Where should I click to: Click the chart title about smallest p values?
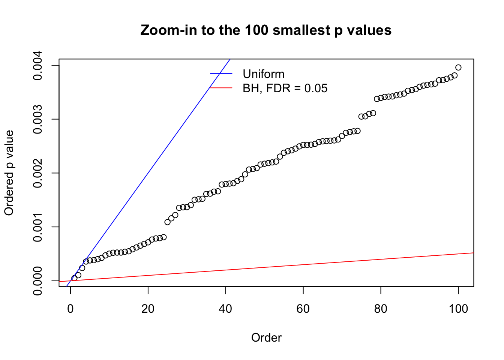(x=266, y=30)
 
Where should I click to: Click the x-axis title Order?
(x=266, y=337)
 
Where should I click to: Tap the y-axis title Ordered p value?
(x=9, y=173)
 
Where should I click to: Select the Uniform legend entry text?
(x=263, y=74)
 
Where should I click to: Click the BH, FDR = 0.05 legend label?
(x=285, y=88)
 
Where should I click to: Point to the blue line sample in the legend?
(x=221, y=73)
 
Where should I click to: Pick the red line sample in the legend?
(x=221, y=88)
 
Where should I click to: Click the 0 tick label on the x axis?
(x=70, y=309)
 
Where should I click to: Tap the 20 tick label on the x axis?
(x=148, y=309)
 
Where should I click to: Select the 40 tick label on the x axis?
(x=226, y=309)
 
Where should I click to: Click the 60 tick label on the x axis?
(x=303, y=309)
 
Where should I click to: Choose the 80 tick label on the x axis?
(x=381, y=309)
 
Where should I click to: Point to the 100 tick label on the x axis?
(x=458, y=309)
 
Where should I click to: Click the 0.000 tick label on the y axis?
(x=38, y=280)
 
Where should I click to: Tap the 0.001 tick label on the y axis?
(x=38, y=227)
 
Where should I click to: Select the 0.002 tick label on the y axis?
(x=38, y=173)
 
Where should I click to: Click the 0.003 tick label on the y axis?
(x=38, y=119)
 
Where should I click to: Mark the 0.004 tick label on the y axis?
(x=38, y=66)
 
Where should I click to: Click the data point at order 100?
(x=458, y=67)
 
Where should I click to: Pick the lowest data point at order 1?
(x=74, y=278)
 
